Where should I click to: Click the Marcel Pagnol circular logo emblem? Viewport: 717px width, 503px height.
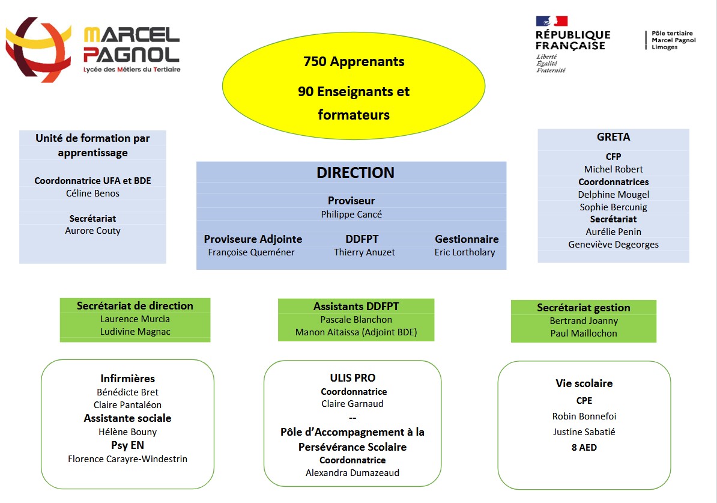(x=38, y=49)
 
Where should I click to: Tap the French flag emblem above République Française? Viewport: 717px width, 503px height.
(x=551, y=21)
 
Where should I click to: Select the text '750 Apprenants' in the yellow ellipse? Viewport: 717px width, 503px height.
(x=354, y=61)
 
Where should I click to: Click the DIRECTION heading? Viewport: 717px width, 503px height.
(x=355, y=172)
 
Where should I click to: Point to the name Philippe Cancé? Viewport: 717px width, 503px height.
(x=351, y=214)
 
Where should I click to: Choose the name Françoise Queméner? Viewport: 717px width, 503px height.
(x=251, y=252)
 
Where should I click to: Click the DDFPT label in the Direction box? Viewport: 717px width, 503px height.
(x=362, y=239)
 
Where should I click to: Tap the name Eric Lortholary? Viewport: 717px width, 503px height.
(x=465, y=252)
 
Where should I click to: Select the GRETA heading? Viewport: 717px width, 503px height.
(x=613, y=137)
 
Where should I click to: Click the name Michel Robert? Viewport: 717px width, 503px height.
(x=613, y=169)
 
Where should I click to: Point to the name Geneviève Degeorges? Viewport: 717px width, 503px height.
(x=613, y=245)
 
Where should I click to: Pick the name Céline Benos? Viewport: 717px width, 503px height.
(x=92, y=193)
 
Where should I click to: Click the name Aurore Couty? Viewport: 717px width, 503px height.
(x=92, y=231)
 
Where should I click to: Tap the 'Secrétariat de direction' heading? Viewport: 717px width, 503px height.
(x=135, y=306)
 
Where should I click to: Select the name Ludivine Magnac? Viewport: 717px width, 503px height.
(x=135, y=332)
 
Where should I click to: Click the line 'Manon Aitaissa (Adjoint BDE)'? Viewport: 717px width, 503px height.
(x=355, y=332)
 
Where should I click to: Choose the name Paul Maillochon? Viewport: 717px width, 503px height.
(x=584, y=333)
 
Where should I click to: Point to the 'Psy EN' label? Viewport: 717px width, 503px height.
(x=127, y=445)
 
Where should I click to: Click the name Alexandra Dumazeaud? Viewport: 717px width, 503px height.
(x=352, y=473)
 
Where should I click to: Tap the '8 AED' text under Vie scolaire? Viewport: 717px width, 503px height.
(x=584, y=448)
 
